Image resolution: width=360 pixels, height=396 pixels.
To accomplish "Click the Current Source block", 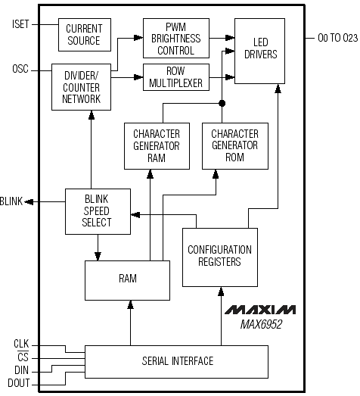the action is tap(85, 35).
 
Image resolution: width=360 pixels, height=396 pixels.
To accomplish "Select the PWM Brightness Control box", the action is tap(176, 38).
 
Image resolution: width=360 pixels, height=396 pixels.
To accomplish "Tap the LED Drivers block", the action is tap(260, 51).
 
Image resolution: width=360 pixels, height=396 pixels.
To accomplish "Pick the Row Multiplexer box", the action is tap(176, 77).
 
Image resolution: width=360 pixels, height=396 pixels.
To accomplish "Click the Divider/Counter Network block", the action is tap(81, 87).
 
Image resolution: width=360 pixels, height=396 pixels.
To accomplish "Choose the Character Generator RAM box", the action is tap(157, 146).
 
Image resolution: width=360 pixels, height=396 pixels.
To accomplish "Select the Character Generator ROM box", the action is tap(235, 146).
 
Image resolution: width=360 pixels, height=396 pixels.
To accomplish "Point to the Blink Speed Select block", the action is tap(98, 212).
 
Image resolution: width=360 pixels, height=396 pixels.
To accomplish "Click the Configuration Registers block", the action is tap(220, 257).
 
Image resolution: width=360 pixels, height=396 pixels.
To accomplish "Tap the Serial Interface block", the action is tap(176, 362).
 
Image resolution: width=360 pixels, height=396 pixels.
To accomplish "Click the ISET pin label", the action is tap(20, 24).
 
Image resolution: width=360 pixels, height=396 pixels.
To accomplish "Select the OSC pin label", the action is tap(20, 69).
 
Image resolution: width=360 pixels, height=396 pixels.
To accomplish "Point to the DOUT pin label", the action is tap(19, 383).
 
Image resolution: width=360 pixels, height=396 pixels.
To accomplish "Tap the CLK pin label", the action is tap(21, 344).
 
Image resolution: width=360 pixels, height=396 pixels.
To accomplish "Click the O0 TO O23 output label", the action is tap(338, 38).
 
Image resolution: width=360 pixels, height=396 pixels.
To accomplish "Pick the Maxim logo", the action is tap(260, 310).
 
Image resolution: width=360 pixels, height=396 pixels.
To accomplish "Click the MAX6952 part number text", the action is tap(261, 325).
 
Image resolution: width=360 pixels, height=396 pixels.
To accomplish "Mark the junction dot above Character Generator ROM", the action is tap(222, 103).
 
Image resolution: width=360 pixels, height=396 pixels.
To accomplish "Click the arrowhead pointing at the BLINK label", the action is tap(29, 202).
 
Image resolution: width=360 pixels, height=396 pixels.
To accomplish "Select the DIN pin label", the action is tap(21, 370).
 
